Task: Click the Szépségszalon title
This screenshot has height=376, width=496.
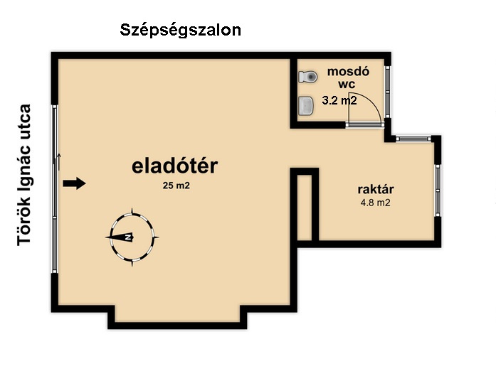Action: click(180, 31)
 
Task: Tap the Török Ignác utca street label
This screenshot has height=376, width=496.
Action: click(24, 175)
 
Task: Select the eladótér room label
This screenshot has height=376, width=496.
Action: click(174, 166)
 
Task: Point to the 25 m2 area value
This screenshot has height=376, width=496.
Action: click(176, 186)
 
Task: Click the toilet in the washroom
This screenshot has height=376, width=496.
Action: click(308, 77)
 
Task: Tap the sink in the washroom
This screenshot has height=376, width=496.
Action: click(306, 105)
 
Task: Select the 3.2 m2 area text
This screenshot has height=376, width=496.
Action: click(339, 100)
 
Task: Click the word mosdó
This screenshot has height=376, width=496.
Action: click(348, 71)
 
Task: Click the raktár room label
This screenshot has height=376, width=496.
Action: click(376, 189)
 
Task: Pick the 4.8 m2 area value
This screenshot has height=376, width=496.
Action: click(376, 203)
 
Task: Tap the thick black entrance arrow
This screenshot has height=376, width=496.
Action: click(74, 183)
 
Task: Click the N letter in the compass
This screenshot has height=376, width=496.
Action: click(128, 237)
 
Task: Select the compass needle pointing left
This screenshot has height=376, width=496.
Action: click(120, 237)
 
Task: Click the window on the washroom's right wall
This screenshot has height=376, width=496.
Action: click(388, 92)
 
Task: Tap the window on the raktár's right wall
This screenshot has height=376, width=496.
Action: click(438, 190)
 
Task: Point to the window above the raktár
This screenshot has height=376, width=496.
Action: click(413, 139)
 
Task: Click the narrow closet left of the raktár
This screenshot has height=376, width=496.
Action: click(305, 207)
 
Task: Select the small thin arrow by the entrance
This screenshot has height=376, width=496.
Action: click(59, 161)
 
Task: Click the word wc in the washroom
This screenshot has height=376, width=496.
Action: click(347, 85)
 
